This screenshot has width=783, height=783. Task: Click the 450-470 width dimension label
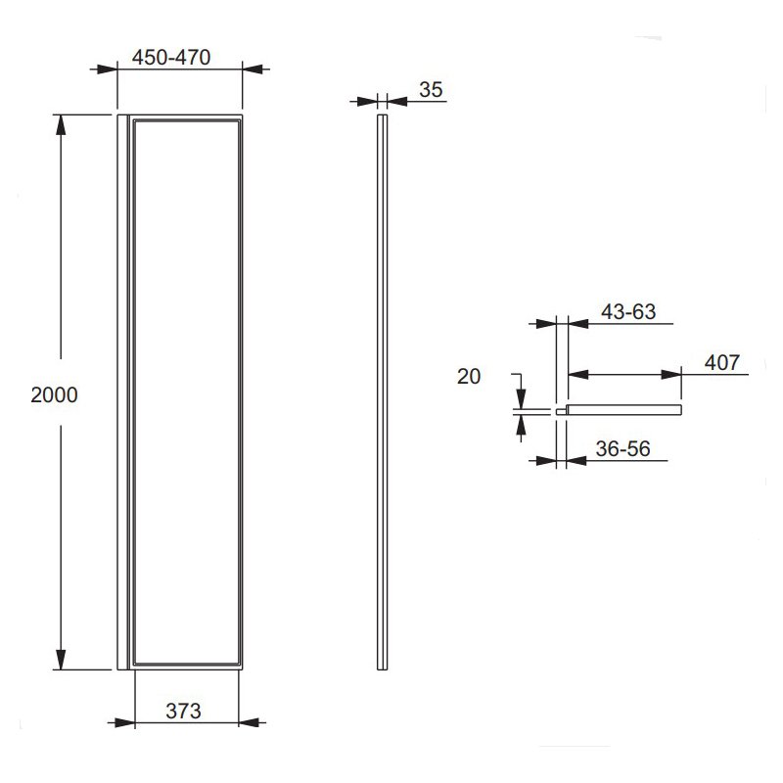[x=170, y=58]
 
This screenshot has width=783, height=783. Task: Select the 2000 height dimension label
[x=54, y=395]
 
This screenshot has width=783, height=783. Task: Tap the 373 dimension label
[x=183, y=712]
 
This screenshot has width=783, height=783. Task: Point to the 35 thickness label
[x=431, y=90]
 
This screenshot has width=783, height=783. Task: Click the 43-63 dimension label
[x=628, y=312]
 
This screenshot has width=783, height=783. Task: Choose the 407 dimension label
[x=722, y=362]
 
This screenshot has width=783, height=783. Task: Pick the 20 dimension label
[x=469, y=377]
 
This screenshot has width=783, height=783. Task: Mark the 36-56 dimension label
[x=622, y=449]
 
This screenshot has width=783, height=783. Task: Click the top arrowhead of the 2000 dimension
[x=61, y=125]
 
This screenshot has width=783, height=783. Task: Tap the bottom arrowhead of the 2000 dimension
[x=61, y=660]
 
